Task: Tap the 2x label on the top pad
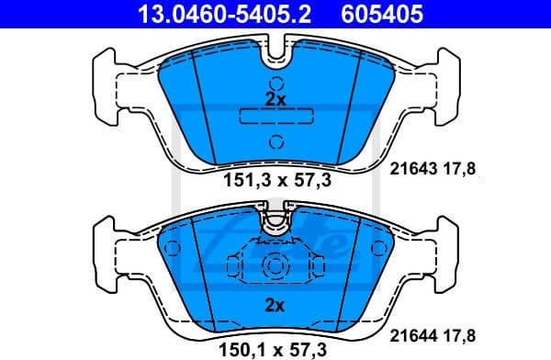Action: pyautogui.click(x=275, y=98)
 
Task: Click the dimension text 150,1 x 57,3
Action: pyautogui.click(x=275, y=347)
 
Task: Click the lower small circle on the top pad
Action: pyautogui.click(x=275, y=141)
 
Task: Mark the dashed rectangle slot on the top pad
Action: pyautogui.click(x=275, y=117)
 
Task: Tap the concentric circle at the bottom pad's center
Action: pyautogui.click(x=275, y=267)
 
